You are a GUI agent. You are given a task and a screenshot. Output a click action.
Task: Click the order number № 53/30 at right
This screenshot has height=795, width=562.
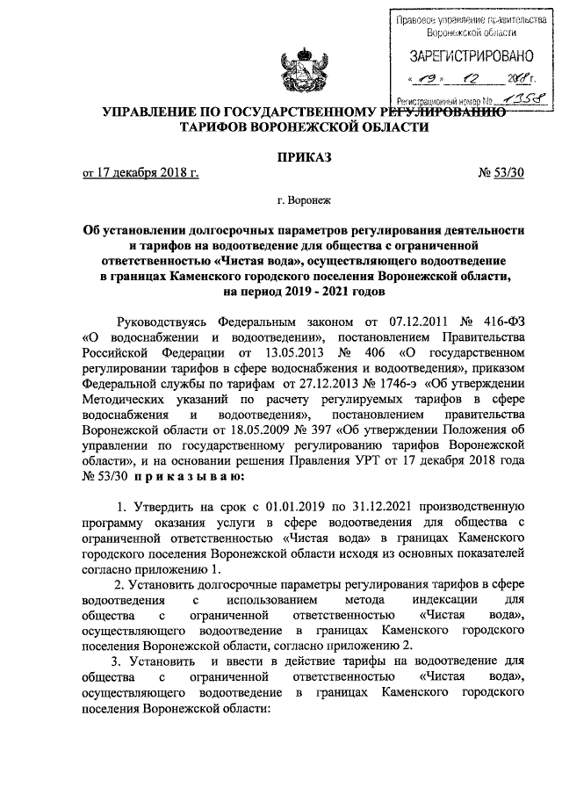point(501,173)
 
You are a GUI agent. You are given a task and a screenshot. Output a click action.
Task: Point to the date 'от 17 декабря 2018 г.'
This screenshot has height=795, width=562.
point(140,173)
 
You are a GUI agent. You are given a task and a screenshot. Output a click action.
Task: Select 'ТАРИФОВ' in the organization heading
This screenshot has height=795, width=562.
point(216,127)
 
